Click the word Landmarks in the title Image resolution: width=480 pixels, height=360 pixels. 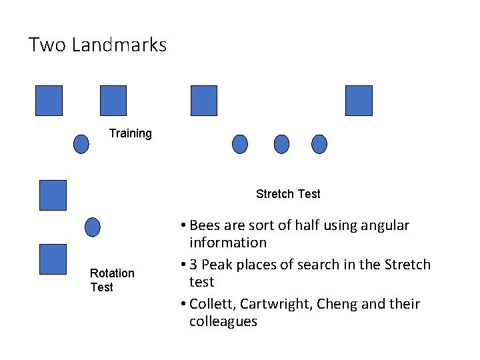[119, 45]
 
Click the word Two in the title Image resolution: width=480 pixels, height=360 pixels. [47, 45]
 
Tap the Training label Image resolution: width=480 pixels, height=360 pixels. [131, 133]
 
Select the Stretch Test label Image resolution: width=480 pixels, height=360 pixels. [288, 194]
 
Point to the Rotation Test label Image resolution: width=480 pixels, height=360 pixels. [112, 280]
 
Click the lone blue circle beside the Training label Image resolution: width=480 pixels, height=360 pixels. [81, 144]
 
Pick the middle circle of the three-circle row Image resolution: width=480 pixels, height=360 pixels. [282, 144]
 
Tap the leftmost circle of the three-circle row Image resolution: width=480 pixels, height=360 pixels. [240, 144]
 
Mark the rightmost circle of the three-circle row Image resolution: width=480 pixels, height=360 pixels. [320, 144]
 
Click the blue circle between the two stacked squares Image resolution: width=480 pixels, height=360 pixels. [93, 227]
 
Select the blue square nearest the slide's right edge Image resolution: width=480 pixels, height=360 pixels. [359, 101]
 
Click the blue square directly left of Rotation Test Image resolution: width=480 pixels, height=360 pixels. [53, 259]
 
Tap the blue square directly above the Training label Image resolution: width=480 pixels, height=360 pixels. [113, 101]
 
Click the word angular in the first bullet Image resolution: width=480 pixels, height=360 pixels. [385, 225]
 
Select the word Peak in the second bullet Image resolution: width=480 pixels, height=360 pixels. [217, 265]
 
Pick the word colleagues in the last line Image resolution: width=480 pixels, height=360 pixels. [223, 321]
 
